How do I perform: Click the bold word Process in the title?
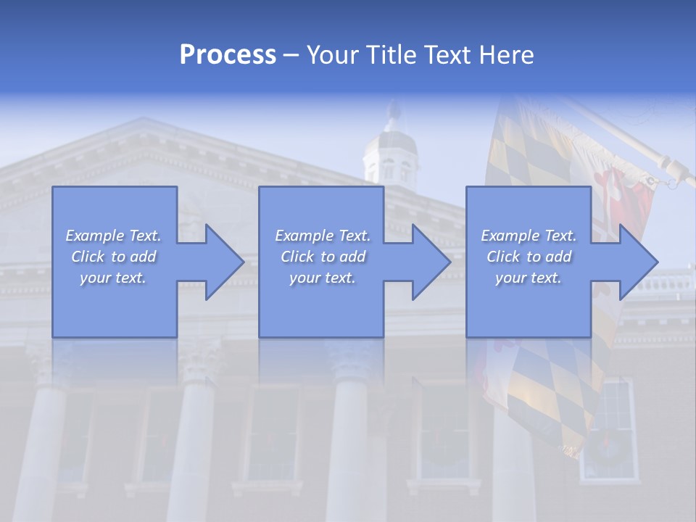[x=228, y=55]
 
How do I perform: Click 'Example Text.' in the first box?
[x=113, y=236]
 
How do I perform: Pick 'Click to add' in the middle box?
[x=323, y=257]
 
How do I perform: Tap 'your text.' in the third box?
[x=529, y=278]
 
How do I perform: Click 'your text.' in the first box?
[x=113, y=278]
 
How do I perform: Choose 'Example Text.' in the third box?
[x=529, y=236]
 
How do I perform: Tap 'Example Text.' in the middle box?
[x=323, y=236]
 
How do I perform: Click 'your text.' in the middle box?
[x=323, y=278]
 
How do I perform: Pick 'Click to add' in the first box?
[x=113, y=257]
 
